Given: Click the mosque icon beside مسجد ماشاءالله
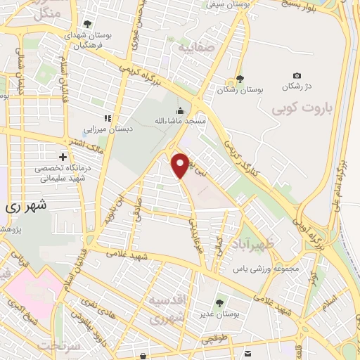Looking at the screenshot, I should (180, 110).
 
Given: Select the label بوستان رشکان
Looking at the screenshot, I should (240, 90).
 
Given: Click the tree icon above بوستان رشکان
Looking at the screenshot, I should (240, 79).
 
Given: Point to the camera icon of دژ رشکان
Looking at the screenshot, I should (297, 76).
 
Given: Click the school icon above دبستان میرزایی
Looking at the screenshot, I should (108, 118).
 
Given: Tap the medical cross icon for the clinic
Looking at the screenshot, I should (63, 156).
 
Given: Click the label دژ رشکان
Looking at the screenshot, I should (296, 86).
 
